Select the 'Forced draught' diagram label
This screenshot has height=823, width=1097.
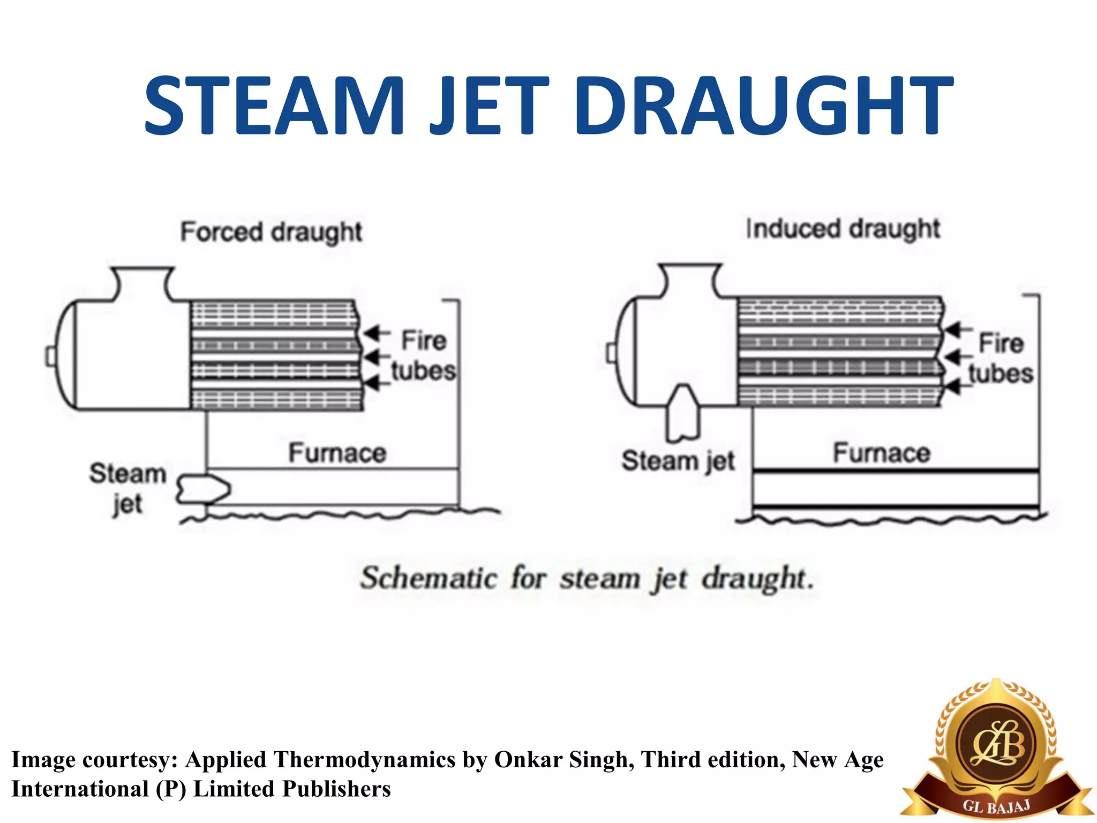[271, 232]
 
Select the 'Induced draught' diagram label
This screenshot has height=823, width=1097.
[843, 229]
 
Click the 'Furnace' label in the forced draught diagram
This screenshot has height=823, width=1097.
[337, 453]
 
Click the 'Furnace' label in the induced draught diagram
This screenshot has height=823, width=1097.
[882, 453]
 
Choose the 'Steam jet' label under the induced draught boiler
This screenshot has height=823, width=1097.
[678, 461]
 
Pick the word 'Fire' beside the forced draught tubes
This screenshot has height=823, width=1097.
[424, 341]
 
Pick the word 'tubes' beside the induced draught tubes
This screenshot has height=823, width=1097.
[1001, 373]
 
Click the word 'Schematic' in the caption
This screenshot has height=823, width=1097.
[429, 579]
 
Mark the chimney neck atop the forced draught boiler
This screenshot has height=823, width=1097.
[142, 284]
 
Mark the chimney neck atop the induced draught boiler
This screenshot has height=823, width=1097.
[689, 280]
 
